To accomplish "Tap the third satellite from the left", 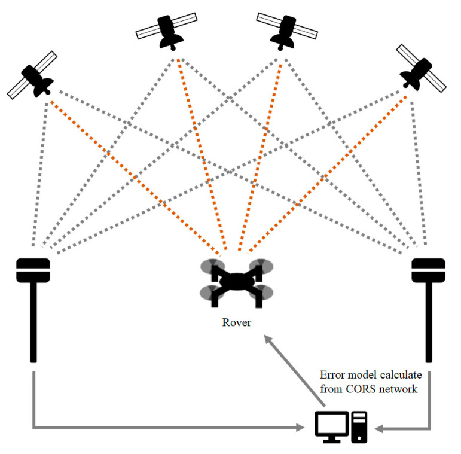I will [x=285, y=29].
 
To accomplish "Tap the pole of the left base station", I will [x=33, y=323].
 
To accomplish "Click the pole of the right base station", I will [x=428, y=323].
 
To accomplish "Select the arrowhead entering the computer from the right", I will [x=378, y=427].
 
